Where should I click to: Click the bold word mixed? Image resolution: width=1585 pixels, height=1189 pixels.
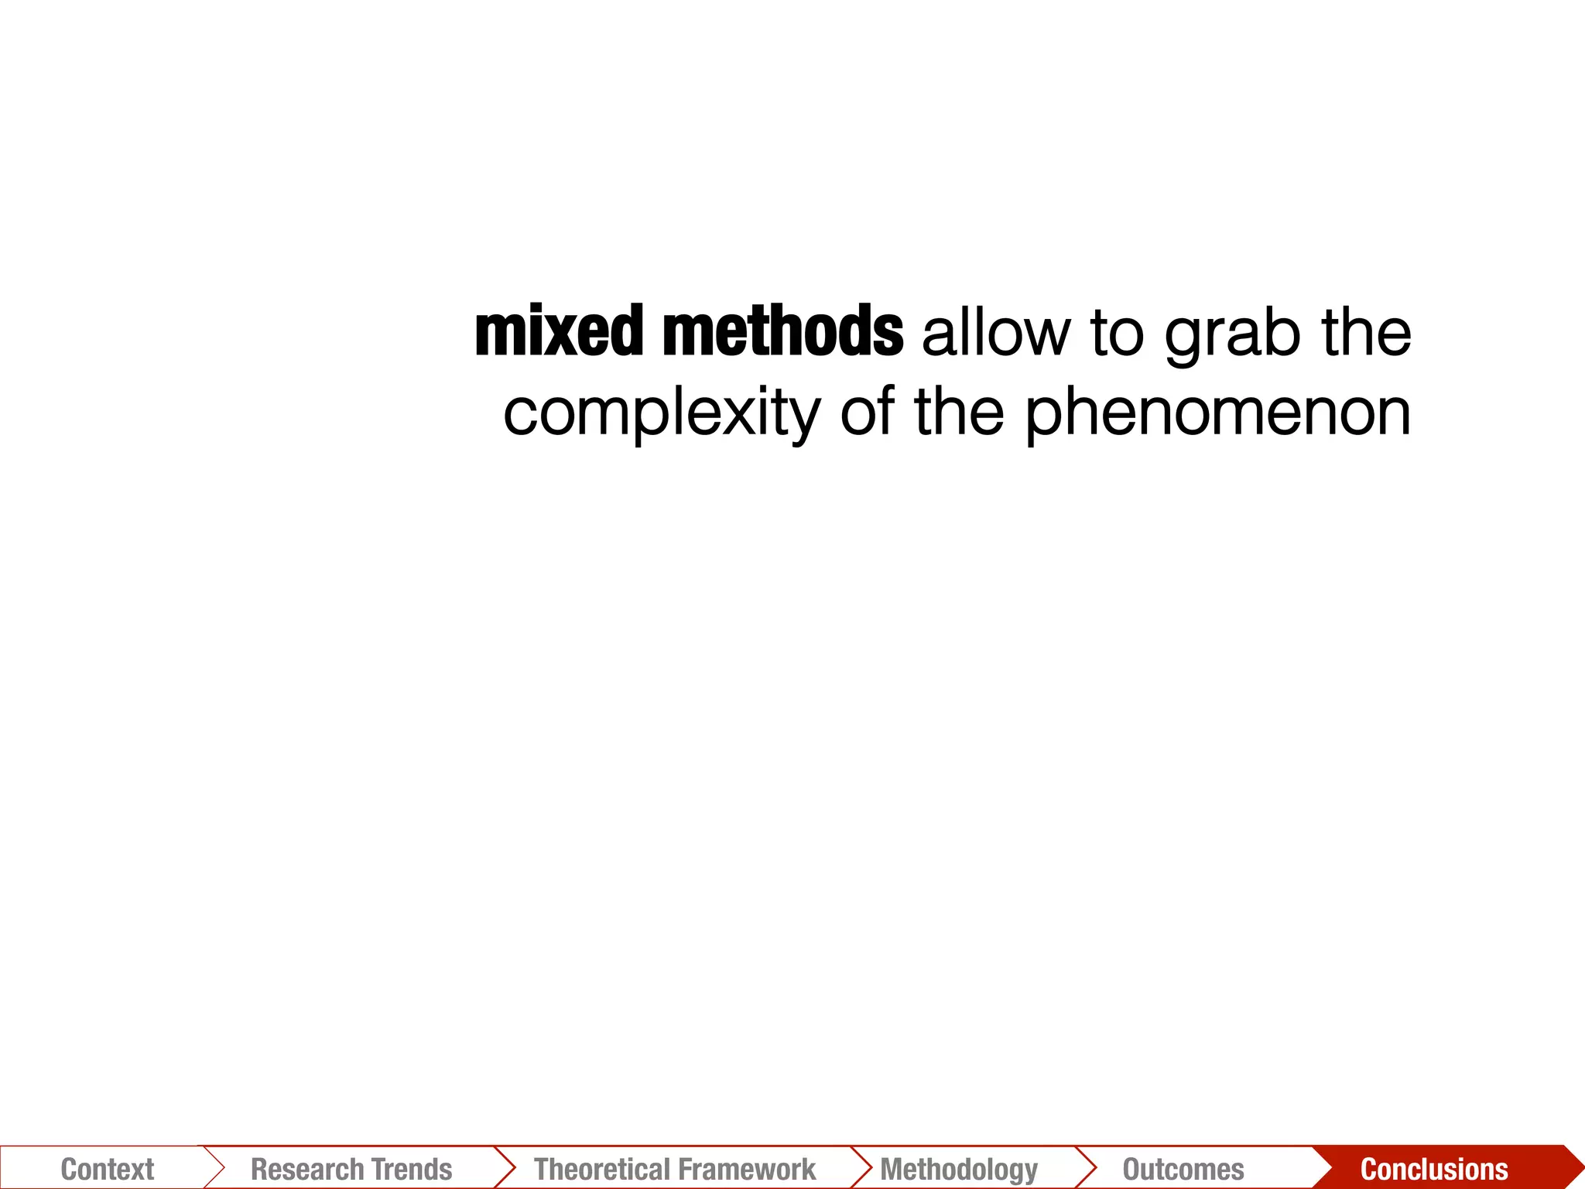pyautogui.click(x=557, y=332)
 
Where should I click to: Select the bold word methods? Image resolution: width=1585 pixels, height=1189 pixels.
pyautogui.click(x=782, y=332)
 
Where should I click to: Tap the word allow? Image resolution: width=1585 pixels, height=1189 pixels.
pyautogui.click(x=996, y=334)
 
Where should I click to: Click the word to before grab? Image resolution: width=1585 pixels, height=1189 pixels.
pyautogui.click(x=1117, y=334)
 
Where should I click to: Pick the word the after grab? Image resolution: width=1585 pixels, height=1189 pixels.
pyautogui.click(x=1366, y=332)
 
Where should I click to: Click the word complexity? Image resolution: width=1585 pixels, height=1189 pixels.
pyautogui.click(x=661, y=414)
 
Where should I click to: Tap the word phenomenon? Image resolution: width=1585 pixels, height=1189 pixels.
pyautogui.click(x=1218, y=414)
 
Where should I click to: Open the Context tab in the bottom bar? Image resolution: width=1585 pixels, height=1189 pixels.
pyautogui.click(x=108, y=1169)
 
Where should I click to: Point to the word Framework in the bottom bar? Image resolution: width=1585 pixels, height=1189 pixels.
pyautogui.click(x=750, y=1169)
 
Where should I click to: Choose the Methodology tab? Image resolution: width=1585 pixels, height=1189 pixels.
pyautogui.click(x=959, y=1169)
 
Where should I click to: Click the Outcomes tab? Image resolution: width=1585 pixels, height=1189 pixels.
pyautogui.click(x=1183, y=1169)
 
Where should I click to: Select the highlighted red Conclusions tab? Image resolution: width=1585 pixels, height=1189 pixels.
pyautogui.click(x=1434, y=1169)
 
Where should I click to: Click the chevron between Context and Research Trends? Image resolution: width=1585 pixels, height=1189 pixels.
pyautogui.click(x=214, y=1167)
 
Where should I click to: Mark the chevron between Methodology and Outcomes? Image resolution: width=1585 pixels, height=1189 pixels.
pyautogui.click(x=1086, y=1167)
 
